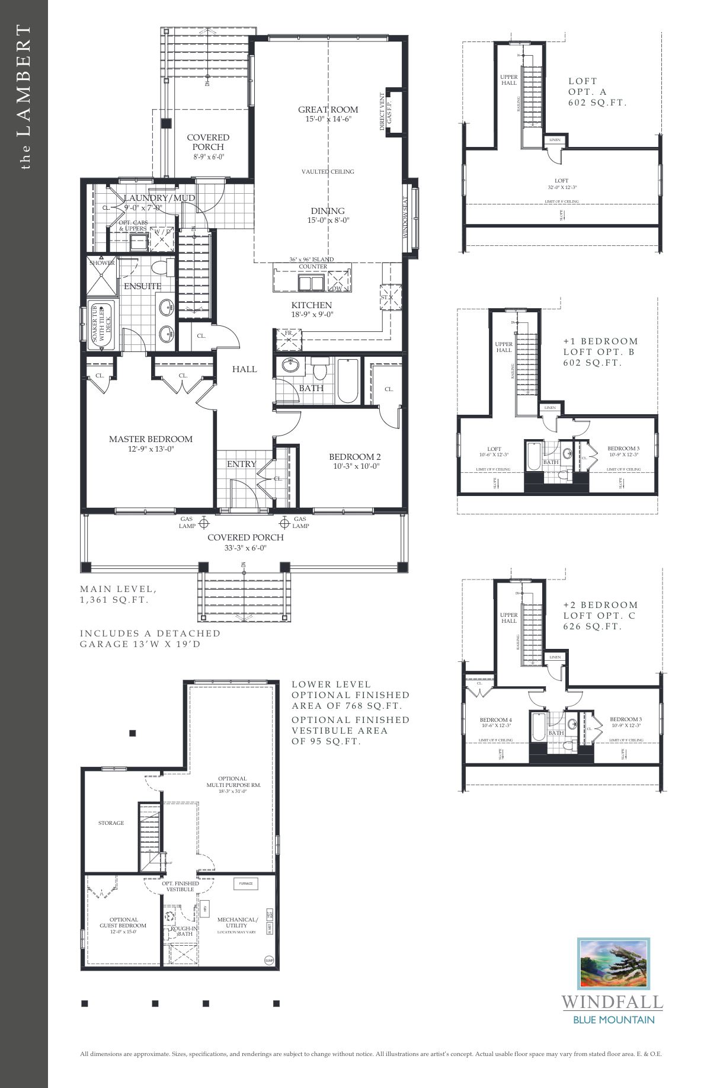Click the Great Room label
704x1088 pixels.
tap(328, 110)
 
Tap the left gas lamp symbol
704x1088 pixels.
tap(204, 523)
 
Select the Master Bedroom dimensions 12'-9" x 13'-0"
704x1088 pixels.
tap(151, 449)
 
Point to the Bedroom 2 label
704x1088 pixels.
tap(354, 457)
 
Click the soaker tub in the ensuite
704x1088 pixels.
tap(101, 325)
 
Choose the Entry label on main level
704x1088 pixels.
tap(242, 464)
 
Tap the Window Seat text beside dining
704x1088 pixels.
tap(406, 218)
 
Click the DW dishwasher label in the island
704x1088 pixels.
tap(337, 289)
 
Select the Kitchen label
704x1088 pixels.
tap(312, 305)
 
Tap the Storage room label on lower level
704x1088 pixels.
tap(111, 823)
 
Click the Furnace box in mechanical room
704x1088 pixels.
tap(245, 884)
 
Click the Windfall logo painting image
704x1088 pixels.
tap(613, 964)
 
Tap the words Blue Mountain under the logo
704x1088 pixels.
tap(613, 1020)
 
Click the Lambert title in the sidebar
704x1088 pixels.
tap(24, 98)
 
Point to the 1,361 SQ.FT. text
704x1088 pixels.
tap(114, 600)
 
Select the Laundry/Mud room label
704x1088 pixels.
tap(159, 198)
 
